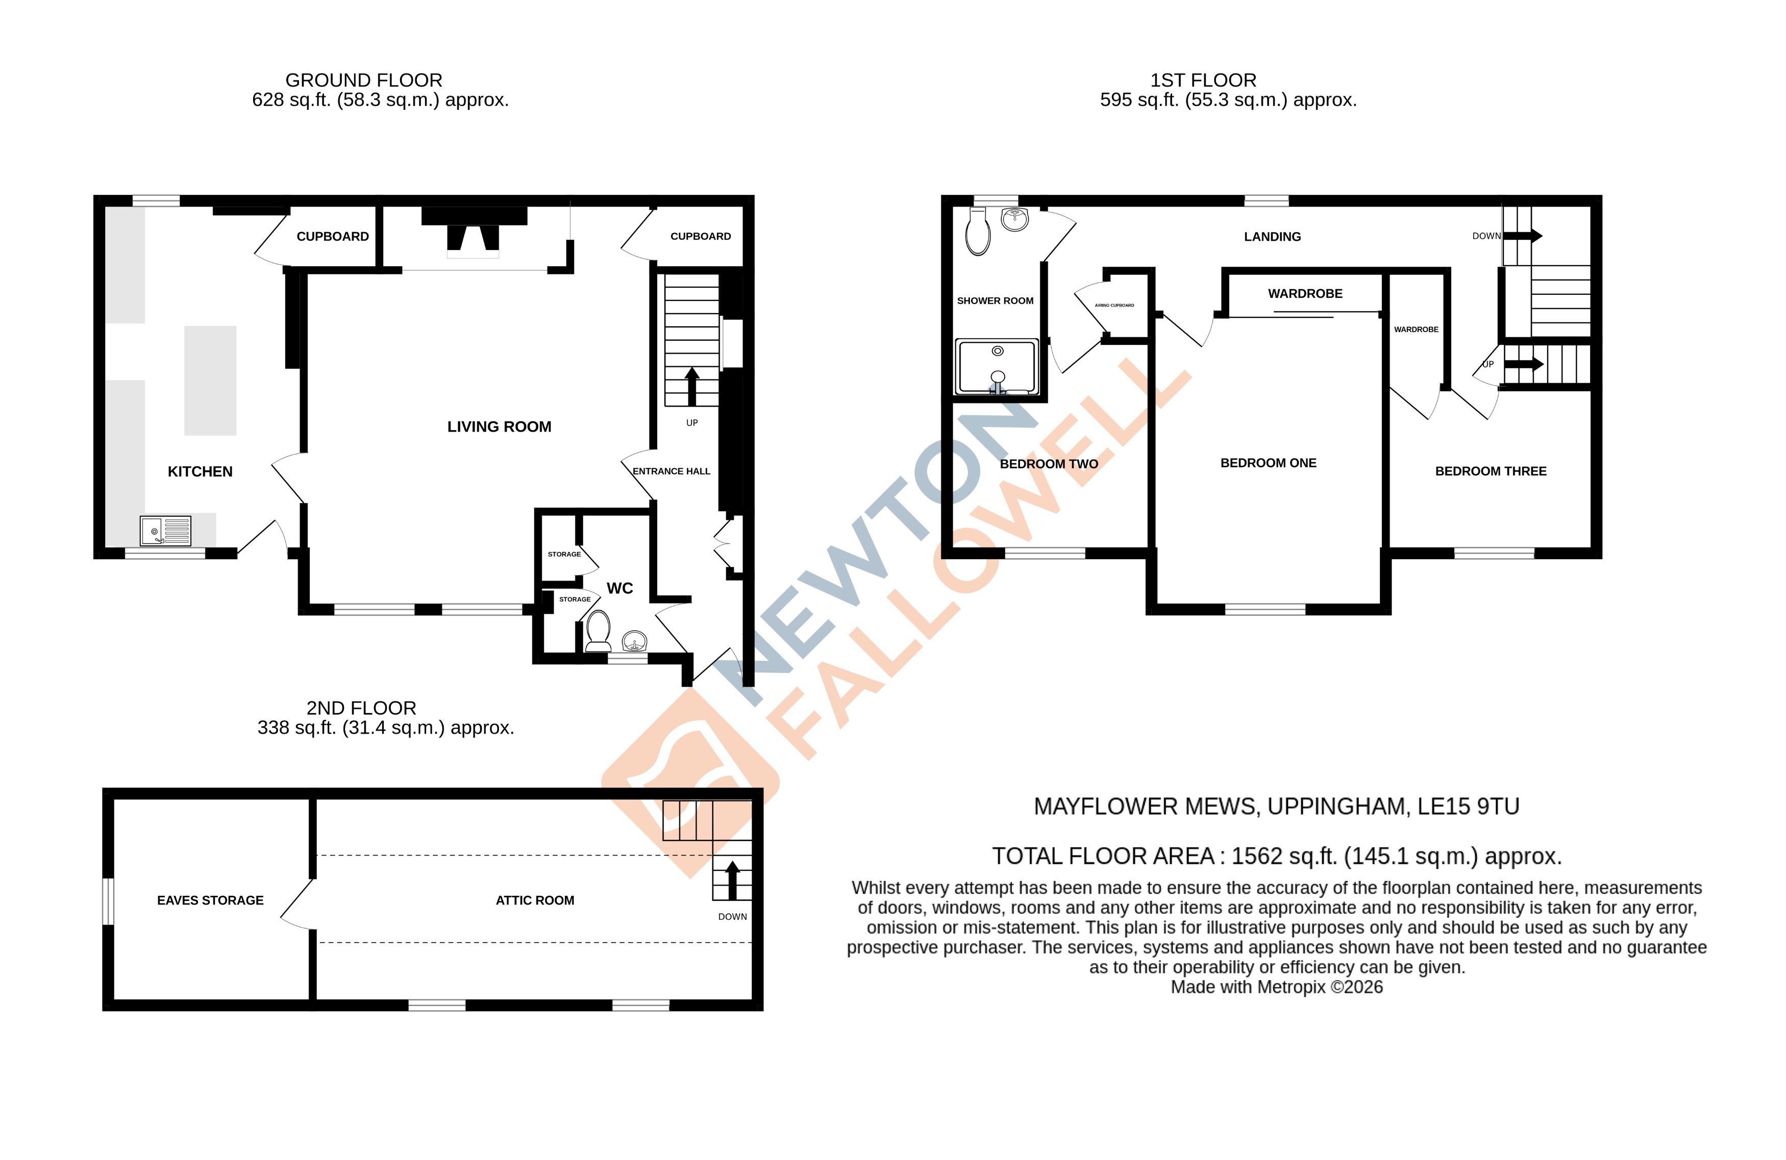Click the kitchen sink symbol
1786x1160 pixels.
point(165,531)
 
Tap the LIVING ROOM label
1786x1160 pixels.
point(499,427)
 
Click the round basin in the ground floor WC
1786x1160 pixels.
point(635,642)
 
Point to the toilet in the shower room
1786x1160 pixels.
point(978,232)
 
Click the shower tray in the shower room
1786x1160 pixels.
point(997,366)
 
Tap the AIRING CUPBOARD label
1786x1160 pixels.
point(1114,306)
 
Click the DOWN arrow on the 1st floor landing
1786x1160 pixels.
point(1523,236)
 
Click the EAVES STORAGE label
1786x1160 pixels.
point(210,900)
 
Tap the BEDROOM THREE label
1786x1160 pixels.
point(1491,471)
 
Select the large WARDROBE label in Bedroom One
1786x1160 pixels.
point(1305,293)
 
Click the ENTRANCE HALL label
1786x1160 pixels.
point(671,471)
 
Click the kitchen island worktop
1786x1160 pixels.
point(210,381)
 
